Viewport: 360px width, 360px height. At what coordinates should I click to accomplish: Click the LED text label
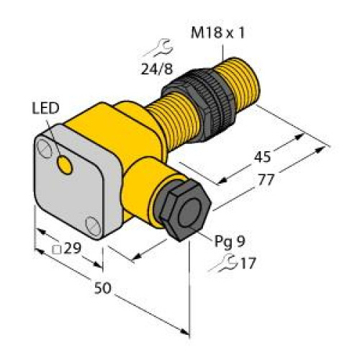pos(45,110)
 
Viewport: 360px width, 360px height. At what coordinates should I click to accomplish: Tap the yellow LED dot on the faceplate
pos(66,167)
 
